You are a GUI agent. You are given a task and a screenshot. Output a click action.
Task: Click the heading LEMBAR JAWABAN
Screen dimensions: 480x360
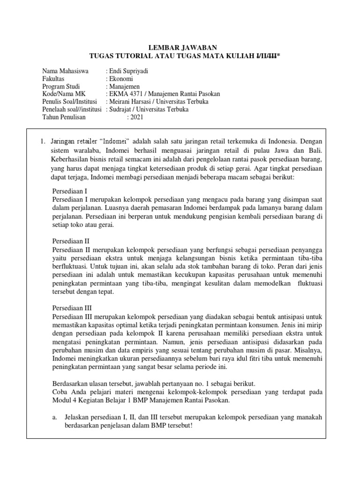[x=180, y=47]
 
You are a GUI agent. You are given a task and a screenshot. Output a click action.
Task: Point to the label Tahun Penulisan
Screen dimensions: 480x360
[x=64, y=117]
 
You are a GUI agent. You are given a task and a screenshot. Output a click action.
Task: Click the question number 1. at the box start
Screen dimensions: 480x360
[x=42, y=141]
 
